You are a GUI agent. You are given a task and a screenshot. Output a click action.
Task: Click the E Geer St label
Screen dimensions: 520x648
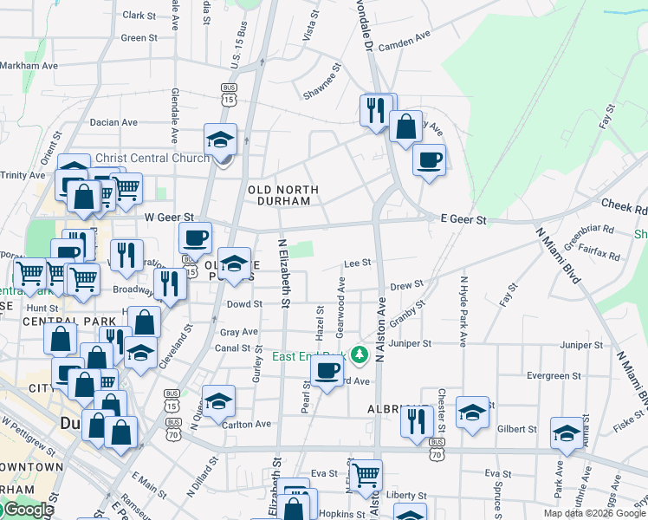point(463,220)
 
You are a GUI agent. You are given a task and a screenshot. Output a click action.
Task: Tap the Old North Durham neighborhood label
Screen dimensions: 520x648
point(283,195)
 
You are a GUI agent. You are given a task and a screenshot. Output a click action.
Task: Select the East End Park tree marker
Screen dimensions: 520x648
point(357,355)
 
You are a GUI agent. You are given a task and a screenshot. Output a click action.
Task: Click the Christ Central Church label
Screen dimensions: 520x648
point(152,158)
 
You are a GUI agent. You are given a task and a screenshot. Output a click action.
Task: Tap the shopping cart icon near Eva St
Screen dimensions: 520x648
point(366,473)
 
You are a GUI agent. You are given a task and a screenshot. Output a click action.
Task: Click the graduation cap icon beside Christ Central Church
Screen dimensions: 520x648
point(221,138)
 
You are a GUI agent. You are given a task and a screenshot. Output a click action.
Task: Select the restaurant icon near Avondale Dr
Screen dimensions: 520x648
point(375,109)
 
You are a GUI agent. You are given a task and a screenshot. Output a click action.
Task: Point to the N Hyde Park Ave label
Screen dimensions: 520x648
point(463,312)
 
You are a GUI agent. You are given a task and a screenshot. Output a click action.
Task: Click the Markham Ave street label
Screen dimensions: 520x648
point(29,65)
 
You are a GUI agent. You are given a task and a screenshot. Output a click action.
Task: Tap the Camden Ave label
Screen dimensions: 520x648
point(404,40)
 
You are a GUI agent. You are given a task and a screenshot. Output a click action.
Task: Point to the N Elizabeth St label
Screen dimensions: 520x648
point(282,272)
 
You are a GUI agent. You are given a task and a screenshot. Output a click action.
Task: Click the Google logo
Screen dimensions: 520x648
point(27,510)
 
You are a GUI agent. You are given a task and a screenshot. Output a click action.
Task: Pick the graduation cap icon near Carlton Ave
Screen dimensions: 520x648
point(218,400)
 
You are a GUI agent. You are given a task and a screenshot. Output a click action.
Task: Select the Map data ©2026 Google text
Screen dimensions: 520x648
point(593,513)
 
